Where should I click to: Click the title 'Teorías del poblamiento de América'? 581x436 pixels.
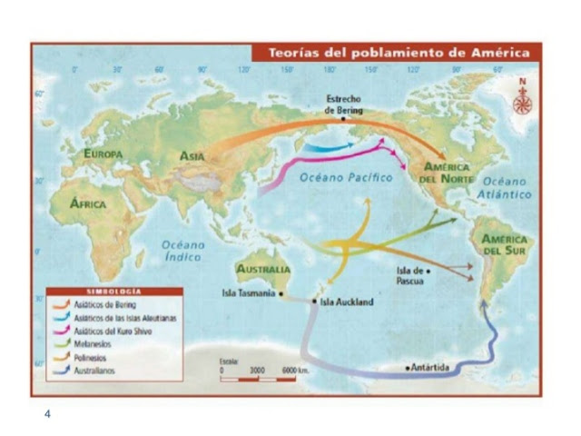[399, 53]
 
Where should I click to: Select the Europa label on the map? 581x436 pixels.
[103, 154]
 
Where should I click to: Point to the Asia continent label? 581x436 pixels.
[192, 156]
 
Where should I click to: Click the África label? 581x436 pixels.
[88, 203]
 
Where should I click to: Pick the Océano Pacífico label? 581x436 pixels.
[346, 178]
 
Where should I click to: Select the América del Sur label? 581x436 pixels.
[505, 244]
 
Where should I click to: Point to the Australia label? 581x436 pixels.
[262, 270]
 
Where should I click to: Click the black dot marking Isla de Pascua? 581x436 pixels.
[428, 271]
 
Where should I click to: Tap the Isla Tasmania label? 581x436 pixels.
[251, 293]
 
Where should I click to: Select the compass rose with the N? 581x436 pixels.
[522, 101]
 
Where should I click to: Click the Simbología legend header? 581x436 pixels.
[101, 291]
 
